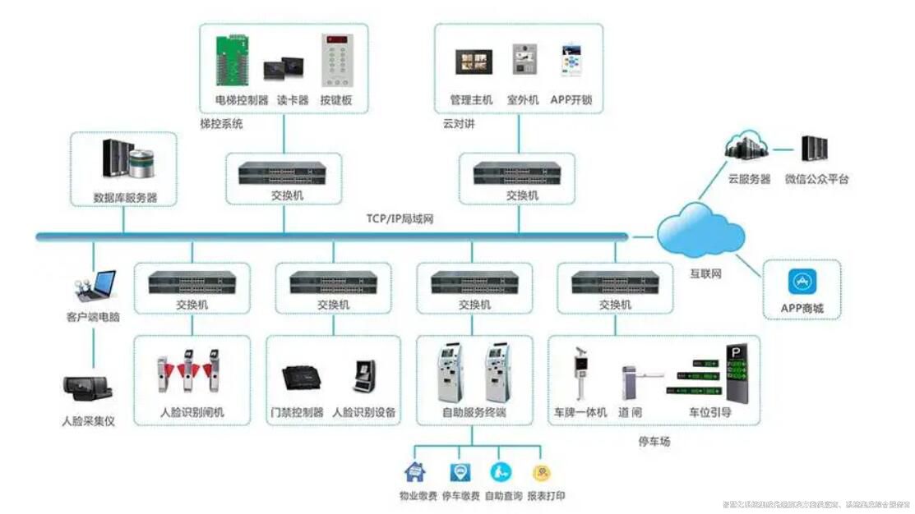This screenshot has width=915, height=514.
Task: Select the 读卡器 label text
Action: [x=292, y=100]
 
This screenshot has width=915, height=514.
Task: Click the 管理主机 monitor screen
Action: [x=474, y=62]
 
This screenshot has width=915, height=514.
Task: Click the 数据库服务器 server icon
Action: [x=127, y=159]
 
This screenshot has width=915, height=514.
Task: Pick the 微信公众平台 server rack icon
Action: [x=814, y=149]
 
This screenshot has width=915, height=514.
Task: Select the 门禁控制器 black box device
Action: [x=303, y=379]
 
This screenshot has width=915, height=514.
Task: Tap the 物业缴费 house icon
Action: [x=414, y=472]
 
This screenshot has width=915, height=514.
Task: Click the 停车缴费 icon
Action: [x=460, y=472]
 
